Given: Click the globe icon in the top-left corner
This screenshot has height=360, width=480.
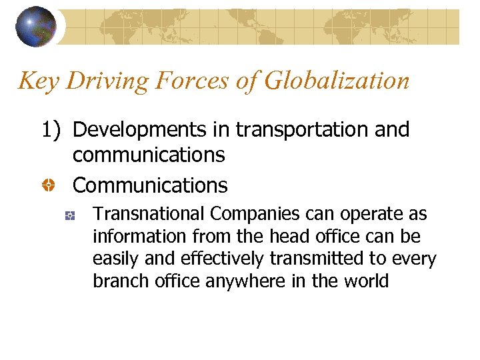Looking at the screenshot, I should pos(35,26).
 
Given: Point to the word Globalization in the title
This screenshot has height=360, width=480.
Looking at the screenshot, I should pos(337,81).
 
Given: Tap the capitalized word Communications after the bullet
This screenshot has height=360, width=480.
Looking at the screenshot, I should pos(150,185).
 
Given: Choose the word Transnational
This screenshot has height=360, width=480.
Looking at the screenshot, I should pos(149,215).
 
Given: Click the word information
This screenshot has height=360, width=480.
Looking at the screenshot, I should pos(133,237).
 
